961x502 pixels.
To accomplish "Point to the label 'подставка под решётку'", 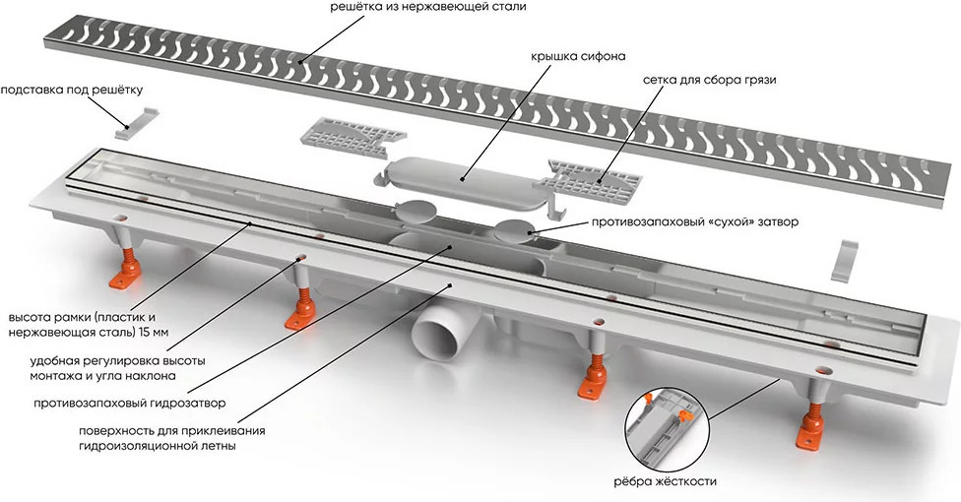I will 63,91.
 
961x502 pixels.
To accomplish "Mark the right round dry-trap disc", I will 515,230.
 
